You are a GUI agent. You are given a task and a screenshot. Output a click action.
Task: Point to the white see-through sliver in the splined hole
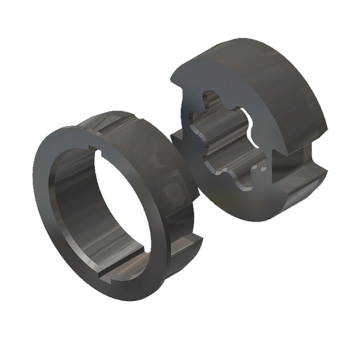252,119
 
